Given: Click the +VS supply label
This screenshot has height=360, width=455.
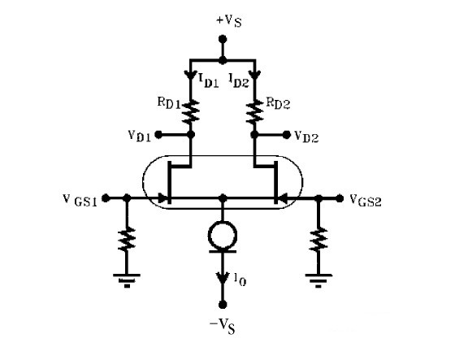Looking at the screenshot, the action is (x=229, y=20).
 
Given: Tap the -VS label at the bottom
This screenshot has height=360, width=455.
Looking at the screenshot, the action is (x=223, y=327).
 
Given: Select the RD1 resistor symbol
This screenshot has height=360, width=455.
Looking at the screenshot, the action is (x=191, y=111).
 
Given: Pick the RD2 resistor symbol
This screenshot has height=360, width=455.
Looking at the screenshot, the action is (x=254, y=112).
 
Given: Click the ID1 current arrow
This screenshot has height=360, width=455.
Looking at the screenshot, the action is (x=191, y=75).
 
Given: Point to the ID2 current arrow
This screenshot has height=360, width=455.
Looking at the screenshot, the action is (x=255, y=75).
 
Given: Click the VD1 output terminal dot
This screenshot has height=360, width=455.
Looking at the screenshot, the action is (x=158, y=135).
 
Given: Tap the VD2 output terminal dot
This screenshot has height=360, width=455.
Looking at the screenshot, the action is (x=286, y=135).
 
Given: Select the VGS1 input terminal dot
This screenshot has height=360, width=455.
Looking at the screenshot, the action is (x=106, y=198).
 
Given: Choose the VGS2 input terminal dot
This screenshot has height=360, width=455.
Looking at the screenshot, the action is (x=340, y=198).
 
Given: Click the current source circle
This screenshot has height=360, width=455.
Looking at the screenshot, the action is (x=223, y=235).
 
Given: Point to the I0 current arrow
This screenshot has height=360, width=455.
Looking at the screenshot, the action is (x=223, y=278).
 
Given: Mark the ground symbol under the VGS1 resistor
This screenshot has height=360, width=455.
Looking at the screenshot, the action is (x=127, y=280).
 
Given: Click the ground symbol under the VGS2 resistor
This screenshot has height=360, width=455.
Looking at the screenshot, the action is (x=318, y=280).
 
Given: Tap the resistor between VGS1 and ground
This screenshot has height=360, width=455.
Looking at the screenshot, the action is (x=127, y=239).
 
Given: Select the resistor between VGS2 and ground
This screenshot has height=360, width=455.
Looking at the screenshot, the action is (x=318, y=239).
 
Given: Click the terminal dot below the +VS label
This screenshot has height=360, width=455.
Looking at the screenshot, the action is (x=223, y=39).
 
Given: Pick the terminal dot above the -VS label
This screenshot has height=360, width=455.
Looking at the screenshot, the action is (x=223, y=305).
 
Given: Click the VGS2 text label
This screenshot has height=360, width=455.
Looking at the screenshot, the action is (x=366, y=201).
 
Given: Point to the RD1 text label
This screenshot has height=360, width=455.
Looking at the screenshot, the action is (x=169, y=103).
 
